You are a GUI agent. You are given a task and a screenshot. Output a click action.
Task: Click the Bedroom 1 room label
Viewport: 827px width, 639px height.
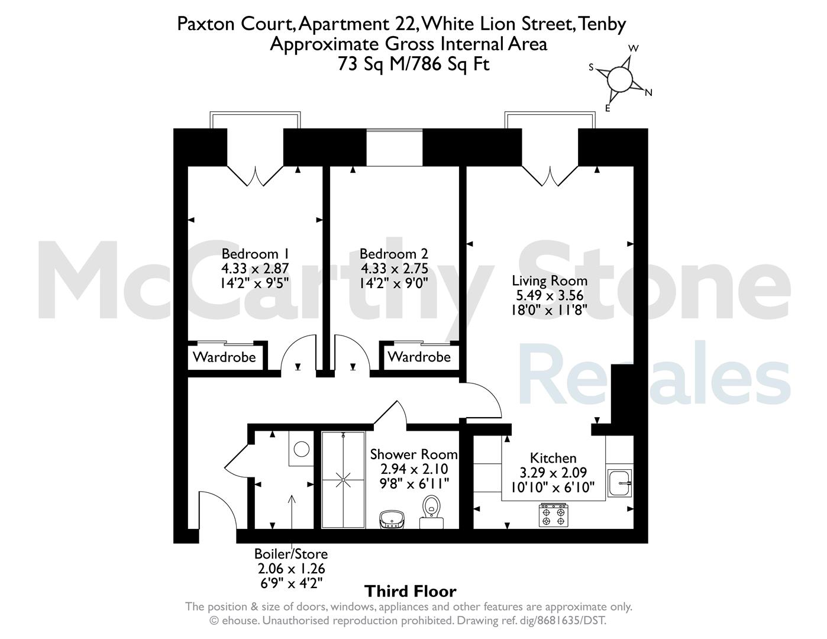pos(255,254)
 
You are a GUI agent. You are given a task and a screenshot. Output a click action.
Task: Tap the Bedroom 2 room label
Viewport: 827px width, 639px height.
pos(394,254)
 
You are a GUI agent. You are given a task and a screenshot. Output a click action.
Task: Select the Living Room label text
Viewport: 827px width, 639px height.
pos(550,281)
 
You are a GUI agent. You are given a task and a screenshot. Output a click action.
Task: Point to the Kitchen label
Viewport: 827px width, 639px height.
pos(553,458)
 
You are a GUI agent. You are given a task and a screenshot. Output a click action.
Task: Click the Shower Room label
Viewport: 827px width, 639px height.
pos(413,454)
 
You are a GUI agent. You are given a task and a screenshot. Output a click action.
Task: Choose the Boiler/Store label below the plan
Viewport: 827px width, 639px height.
pos(291,554)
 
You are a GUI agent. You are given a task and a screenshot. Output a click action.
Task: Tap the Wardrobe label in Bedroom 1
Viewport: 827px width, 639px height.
pos(224,357)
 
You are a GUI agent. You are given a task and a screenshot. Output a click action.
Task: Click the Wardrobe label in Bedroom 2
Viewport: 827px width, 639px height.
pos(419,357)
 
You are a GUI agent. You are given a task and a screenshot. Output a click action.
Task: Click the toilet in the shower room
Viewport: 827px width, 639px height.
pos(431,512)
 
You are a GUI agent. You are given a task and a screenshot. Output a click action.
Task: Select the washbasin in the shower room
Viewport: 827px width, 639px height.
pos(392,519)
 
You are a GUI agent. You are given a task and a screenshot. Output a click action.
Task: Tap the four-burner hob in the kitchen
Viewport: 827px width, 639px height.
pos(553,515)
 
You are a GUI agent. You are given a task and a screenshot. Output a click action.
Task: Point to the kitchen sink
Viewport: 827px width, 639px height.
pos(619,483)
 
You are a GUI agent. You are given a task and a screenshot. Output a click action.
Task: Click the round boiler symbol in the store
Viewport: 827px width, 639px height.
pos(302,449)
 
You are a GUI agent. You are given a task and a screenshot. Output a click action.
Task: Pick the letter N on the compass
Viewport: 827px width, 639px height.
pos(648,92)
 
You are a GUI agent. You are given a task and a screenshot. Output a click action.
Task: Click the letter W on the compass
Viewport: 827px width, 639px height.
pos(634,49)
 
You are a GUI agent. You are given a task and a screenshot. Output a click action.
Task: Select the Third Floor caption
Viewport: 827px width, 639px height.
pos(411,592)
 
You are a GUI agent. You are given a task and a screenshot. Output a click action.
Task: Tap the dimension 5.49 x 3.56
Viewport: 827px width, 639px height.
pos(550,296)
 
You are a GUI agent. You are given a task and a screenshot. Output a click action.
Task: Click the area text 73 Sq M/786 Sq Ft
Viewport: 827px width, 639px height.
pos(413,64)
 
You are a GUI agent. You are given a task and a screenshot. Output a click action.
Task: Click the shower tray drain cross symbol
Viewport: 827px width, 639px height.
pos(343,480)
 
